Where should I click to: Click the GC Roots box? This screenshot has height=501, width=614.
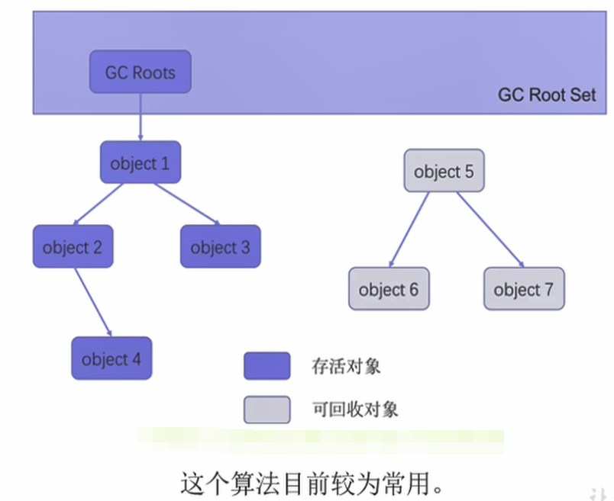coord(140,72)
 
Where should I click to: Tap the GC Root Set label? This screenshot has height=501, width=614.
coord(547,95)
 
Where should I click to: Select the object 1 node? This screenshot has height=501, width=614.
coord(141,162)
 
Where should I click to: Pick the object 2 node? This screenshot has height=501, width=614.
coord(73,247)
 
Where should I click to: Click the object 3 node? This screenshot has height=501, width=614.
coord(220,247)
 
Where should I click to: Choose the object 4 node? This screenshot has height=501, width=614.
coord(111,358)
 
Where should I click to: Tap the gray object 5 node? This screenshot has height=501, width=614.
coord(444,171)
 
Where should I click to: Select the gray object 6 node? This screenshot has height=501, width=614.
coord(389,289)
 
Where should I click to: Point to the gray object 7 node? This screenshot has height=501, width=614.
coord(524,289)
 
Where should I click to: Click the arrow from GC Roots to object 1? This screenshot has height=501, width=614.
coord(141,117)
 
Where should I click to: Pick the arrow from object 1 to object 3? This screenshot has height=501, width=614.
coord(186,203)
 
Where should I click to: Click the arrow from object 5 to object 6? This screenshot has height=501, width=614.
coord(409,229)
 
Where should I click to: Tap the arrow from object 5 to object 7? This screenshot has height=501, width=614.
coord(489,229)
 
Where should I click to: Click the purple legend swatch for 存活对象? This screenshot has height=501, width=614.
coord(267,366)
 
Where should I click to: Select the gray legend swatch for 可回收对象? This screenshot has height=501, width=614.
coord(267,409)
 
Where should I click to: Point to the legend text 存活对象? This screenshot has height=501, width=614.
coord(346,366)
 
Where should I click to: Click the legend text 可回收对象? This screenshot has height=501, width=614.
coord(355,409)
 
